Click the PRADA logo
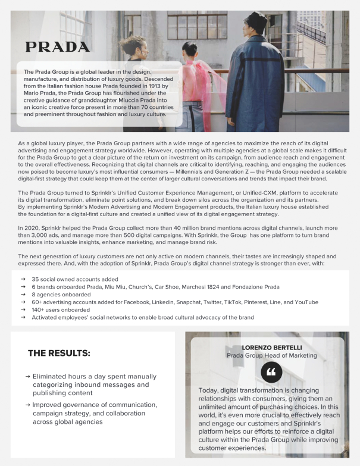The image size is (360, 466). coord(57,47)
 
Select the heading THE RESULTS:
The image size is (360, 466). coord(59,354)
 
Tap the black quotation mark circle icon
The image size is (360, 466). coord(272,373)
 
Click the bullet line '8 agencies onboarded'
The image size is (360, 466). coord(61,295)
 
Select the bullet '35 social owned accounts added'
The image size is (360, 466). coord(75,279)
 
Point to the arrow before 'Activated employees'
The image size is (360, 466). coord(22,318)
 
